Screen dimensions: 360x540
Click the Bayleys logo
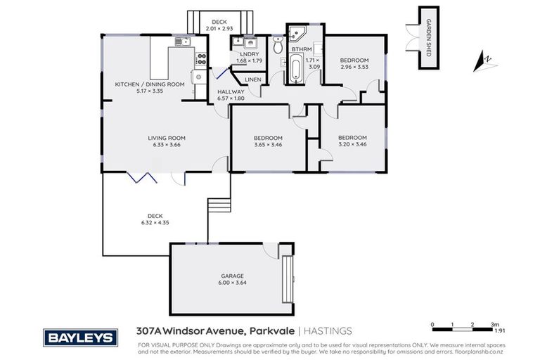click(79, 337)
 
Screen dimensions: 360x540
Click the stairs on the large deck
click(219, 210)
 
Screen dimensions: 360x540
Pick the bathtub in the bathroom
click(295, 70)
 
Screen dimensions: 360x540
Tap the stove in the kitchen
click(200, 58)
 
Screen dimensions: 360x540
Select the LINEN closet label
click(253, 79)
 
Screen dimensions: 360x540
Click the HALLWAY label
click(231, 91)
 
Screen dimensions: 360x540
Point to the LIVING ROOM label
click(165, 138)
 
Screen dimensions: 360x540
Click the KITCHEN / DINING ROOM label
click(150, 84)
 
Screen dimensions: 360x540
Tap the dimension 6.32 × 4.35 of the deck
click(155, 223)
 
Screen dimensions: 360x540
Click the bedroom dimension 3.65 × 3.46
click(268, 145)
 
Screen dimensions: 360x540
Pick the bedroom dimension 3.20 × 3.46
click(352, 145)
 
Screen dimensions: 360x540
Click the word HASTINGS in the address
click(328, 331)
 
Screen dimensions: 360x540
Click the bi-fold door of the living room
click(145, 176)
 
